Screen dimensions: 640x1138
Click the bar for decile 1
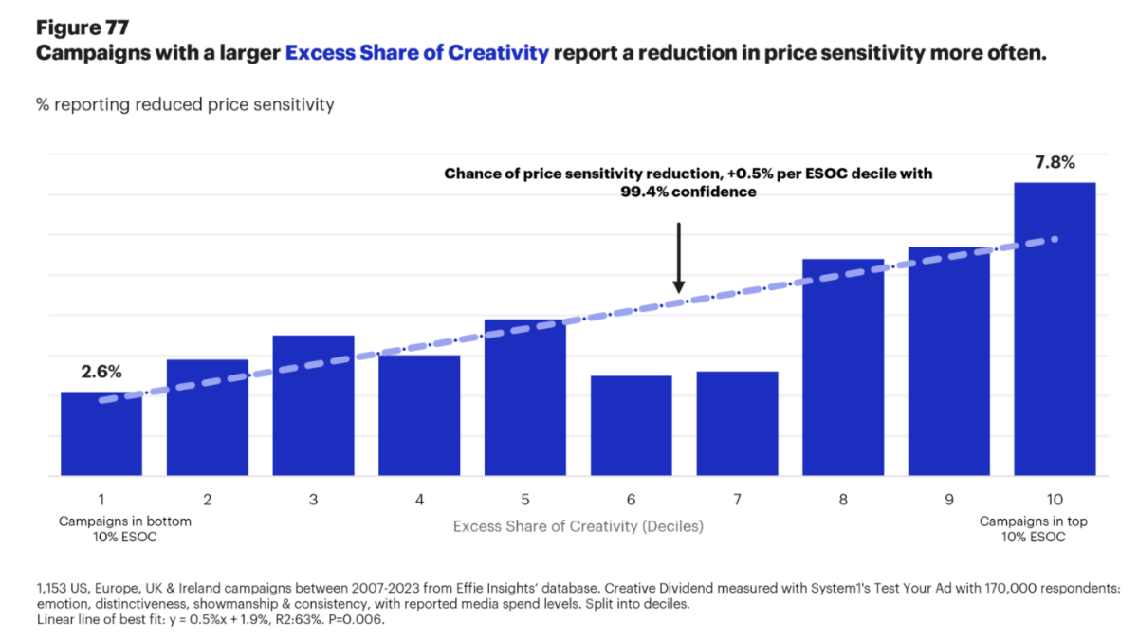coord(101,436)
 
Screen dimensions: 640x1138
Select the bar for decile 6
coord(631,427)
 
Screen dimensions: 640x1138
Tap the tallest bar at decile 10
coord(1055,332)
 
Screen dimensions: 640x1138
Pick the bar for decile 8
coord(843,370)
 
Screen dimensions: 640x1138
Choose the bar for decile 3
coord(313,408)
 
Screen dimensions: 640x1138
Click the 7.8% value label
coord(1055,162)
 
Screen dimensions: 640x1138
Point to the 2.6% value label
coord(101,373)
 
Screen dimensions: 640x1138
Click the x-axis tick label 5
coord(524,499)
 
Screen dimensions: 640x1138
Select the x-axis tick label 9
coord(948,499)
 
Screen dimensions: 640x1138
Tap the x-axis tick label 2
coord(207,499)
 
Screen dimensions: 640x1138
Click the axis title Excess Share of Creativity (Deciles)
coord(578,526)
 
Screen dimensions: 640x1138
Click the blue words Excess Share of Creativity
coord(417,53)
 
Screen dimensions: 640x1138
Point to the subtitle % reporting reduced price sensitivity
coord(185,104)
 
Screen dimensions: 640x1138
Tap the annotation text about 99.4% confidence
coord(688,183)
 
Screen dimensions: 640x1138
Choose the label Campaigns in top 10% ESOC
coord(1032,529)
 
